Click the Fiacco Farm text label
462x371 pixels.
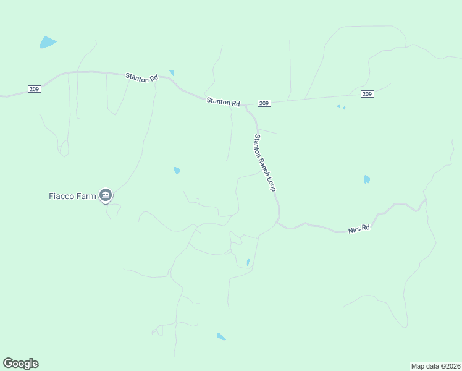[x=72, y=197]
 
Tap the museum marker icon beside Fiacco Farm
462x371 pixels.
[x=106, y=197]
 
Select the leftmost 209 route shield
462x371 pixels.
[x=35, y=89]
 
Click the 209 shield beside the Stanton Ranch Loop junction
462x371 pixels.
[x=264, y=103]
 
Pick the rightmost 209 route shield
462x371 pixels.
[x=367, y=94]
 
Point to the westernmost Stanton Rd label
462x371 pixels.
[x=141, y=77]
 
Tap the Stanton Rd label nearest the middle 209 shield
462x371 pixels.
[x=223, y=101]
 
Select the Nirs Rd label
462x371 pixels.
[x=358, y=229]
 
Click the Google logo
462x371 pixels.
[x=20, y=364]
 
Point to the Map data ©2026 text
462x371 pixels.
[x=435, y=365]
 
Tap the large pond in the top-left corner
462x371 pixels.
[x=47, y=42]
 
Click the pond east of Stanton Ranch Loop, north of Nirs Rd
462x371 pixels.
[x=366, y=179]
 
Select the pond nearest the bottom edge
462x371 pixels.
[x=220, y=336]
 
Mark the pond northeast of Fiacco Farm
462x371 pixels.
[x=177, y=170]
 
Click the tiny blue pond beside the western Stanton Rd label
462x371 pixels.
[x=171, y=73]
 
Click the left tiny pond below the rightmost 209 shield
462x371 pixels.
[x=338, y=106]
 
